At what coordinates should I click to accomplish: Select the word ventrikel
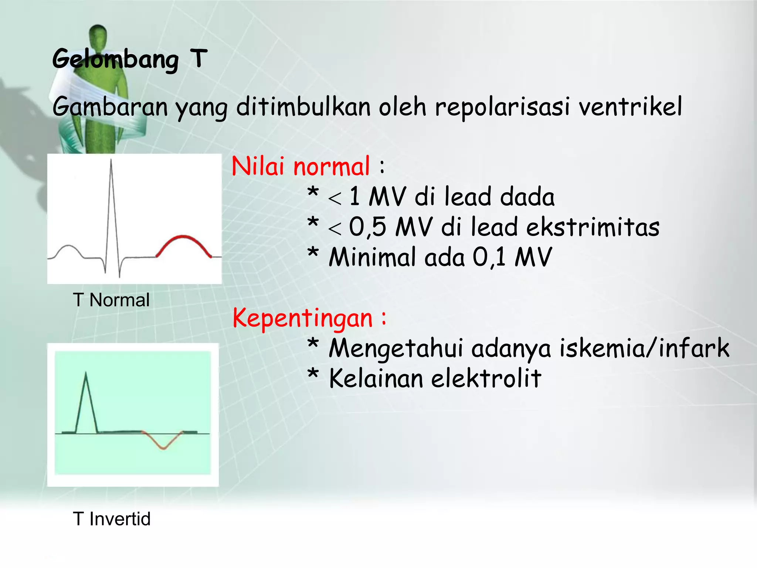point(630,107)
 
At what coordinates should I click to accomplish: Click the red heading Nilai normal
point(300,166)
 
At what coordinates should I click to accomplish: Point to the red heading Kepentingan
point(302,318)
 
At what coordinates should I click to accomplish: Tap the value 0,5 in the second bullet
point(367,227)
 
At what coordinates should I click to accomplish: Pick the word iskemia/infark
point(644,348)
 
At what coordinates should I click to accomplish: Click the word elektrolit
point(486,379)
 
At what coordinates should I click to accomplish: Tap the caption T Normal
point(111,300)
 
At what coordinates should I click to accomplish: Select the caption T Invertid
point(112,519)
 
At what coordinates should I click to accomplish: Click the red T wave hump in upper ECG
point(183,239)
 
